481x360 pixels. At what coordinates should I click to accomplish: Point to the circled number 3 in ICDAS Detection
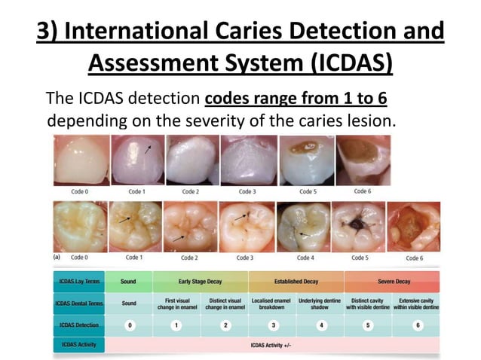[x=273, y=325]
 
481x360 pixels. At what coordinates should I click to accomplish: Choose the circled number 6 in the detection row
[x=418, y=325]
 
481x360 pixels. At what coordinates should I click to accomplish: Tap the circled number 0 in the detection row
[x=129, y=325]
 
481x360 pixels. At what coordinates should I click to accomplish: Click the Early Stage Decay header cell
[x=201, y=282]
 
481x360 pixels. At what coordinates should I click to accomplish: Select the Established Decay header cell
[x=296, y=282]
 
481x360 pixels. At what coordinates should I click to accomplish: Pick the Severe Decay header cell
[x=393, y=282]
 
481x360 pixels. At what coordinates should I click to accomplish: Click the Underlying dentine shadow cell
[x=320, y=303]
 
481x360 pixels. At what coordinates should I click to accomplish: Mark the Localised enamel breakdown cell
[x=273, y=303]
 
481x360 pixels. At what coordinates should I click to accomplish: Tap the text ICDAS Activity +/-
[x=272, y=345]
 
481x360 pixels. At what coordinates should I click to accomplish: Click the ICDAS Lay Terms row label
[x=78, y=282]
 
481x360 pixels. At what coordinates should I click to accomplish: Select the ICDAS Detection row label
[x=78, y=325]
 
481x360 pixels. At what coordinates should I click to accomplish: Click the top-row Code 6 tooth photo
[x=363, y=160]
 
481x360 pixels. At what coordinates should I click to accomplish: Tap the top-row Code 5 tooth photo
[x=307, y=160]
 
